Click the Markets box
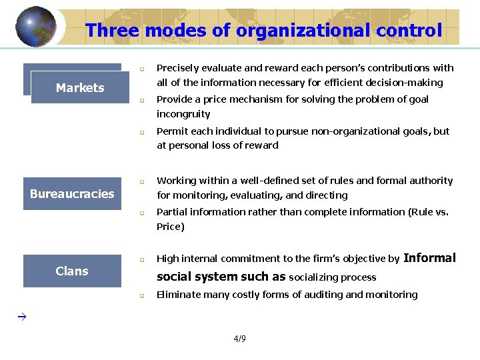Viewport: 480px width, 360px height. pyautogui.click(x=80, y=87)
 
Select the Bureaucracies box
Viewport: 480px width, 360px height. pyautogui.click(x=72, y=193)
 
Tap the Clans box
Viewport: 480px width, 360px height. pyautogui.click(x=72, y=271)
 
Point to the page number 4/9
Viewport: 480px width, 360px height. pyautogui.click(x=239, y=339)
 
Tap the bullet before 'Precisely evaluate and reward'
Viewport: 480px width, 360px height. pyautogui.click(x=141, y=69)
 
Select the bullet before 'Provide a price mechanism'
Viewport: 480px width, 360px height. pyautogui.click(x=141, y=100)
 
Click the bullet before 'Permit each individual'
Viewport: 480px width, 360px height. pyautogui.click(x=141, y=132)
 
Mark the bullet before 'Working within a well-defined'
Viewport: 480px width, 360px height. pyautogui.click(x=141, y=181)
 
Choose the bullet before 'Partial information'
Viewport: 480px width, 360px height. pyautogui.click(x=141, y=213)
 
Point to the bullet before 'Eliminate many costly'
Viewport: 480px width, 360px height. pyautogui.click(x=141, y=295)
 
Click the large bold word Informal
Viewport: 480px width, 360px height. pyautogui.click(x=429, y=258)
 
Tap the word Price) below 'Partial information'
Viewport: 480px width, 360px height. pyautogui.click(x=170, y=227)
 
